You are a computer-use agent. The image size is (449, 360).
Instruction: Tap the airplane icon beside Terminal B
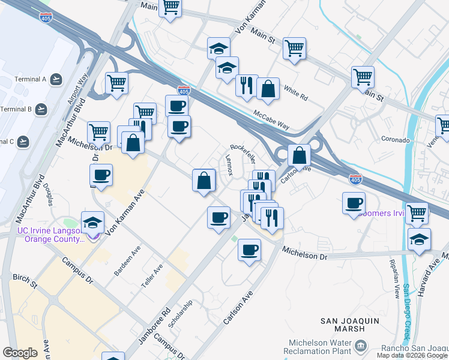coord(41,109)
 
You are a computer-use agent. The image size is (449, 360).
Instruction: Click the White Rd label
coord(295,94)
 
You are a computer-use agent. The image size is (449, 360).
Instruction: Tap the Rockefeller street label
coord(243,154)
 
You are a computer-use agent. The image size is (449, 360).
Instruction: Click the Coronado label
coord(395,140)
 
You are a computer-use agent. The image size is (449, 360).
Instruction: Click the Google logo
coord(20,353)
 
